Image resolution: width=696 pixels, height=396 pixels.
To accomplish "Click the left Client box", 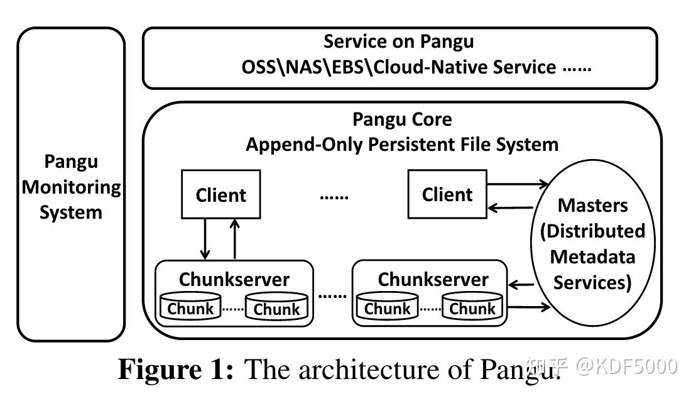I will [220, 195].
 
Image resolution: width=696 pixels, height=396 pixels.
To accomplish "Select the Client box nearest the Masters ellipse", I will [447, 195].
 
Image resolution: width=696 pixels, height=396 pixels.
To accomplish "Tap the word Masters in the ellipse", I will [592, 205].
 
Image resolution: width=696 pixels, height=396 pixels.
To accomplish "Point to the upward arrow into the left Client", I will [235, 239].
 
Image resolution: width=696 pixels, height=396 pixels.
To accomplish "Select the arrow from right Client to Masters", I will [518, 184].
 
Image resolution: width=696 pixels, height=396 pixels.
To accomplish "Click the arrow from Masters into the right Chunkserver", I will [521, 285].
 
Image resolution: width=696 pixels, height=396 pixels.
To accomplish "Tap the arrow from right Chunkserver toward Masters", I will [528, 307].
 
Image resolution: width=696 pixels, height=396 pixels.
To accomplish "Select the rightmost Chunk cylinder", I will [472, 307].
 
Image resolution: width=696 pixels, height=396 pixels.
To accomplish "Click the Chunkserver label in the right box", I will [432, 279].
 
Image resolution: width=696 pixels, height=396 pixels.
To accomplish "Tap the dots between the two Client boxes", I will [334, 196].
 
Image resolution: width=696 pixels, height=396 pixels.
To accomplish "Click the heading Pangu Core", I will [402, 119].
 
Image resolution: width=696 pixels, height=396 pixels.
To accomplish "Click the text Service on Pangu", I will [398, 42].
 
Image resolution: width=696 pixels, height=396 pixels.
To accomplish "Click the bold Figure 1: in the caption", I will [177, 370].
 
